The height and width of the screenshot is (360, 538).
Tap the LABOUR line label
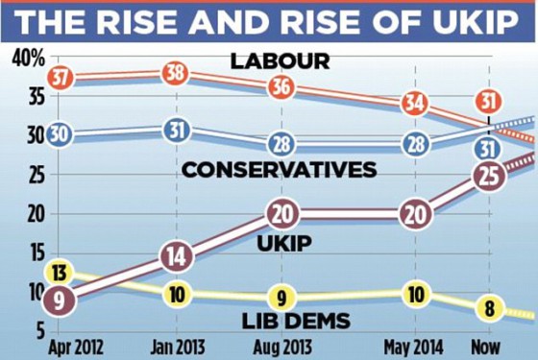[281, 61]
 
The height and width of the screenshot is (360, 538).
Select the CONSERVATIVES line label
[279, 169]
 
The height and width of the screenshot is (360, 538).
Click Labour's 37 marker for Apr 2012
[60, 79]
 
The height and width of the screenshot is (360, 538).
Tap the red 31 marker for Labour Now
[489, 100]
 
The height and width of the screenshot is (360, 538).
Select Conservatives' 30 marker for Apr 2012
[60, 134]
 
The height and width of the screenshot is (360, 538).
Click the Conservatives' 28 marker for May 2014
[415, 144]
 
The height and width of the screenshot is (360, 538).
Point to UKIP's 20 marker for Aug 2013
[281, 214]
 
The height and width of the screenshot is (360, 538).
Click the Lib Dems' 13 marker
[60, 271]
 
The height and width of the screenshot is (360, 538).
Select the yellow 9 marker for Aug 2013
[281, 297]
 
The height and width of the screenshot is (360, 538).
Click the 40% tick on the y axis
[28, 60]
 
